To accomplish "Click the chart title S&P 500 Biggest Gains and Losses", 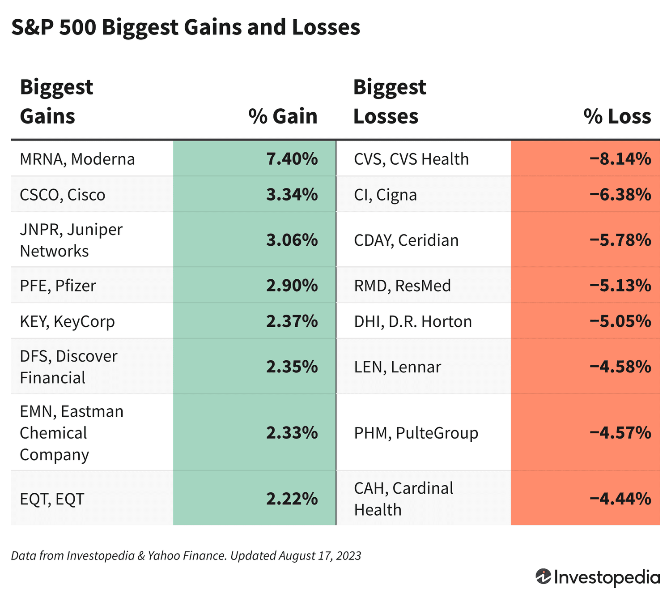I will tap(186, 28).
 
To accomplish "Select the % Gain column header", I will tap(283, 116).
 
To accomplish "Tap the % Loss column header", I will tap(617, 116).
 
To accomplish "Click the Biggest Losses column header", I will tap(389, 102).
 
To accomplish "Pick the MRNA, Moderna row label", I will tap(77, 159).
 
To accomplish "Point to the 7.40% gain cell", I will tap(292, 159).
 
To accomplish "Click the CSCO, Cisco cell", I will tap(63, 195).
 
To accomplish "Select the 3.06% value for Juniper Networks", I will tap(292, 240).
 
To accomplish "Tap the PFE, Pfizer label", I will tap(58, 286).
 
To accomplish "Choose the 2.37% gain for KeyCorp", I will tap(292, 322).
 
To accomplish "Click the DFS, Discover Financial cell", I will tap(68, 367).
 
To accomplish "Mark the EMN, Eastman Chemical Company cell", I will tap(72, 433).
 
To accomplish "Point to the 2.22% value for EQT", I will tap(292, 499).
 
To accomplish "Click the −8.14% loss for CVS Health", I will tap(620, 159).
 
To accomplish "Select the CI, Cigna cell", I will tap(385, 195).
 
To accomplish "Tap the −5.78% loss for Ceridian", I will tap(620, 240).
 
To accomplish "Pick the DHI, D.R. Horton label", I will tap(412, 322).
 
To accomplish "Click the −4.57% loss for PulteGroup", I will tap(620, 433).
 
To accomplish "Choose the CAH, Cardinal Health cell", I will tap(403, 499).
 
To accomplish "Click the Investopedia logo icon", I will tap(543, 576).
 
